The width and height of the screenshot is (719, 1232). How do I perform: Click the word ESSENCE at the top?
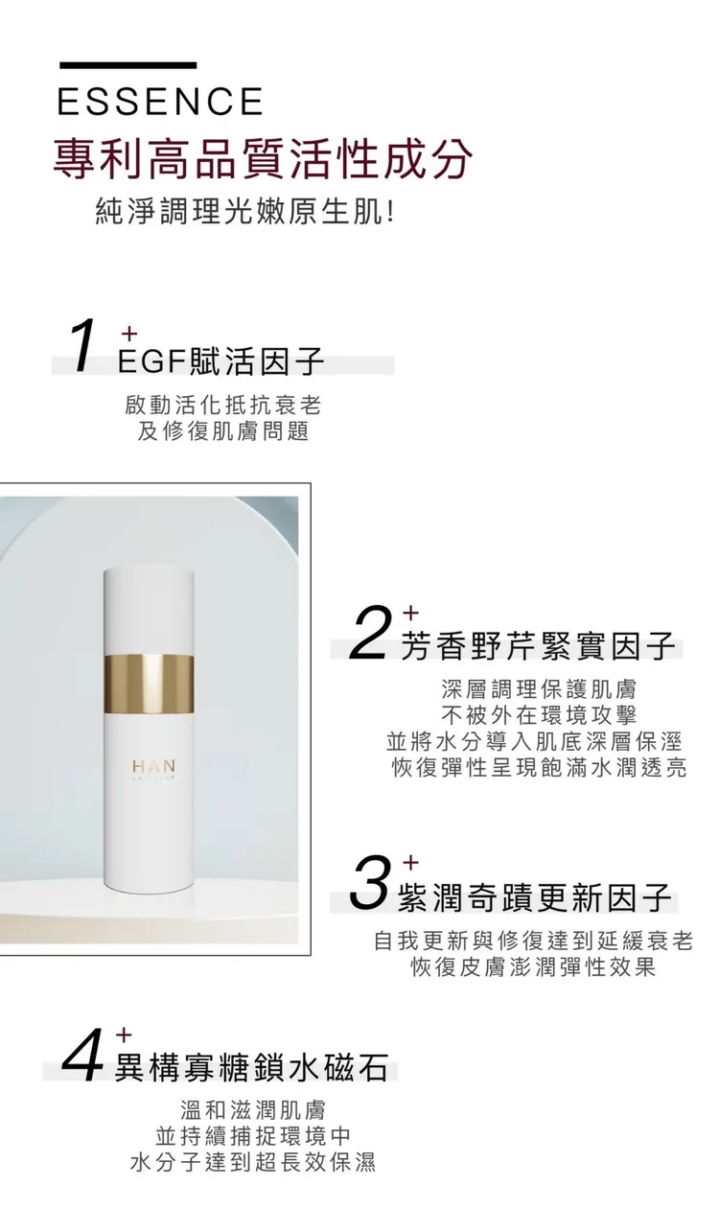click(160, 101)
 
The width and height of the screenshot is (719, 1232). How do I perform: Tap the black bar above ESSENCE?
click(128, 65)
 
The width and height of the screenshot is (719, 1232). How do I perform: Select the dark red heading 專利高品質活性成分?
click(263, 159)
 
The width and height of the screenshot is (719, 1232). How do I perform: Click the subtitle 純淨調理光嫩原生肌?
click(245, 212)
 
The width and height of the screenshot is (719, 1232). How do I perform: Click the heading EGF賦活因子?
click(220, 361)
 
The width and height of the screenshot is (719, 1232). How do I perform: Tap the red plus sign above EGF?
click(128, 334)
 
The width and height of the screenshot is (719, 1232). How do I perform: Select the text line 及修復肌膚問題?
click(222, 431)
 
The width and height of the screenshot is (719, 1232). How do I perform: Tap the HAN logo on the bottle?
click(153, 766)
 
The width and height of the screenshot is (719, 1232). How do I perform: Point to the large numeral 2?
click(369, 634)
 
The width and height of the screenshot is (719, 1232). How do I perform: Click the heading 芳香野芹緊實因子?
click(539, 645)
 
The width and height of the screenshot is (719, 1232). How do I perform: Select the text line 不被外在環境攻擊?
click(539, 715)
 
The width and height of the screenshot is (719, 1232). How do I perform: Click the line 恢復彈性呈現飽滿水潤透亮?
click(539, 768)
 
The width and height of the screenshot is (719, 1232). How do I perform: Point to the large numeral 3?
click(368, 887)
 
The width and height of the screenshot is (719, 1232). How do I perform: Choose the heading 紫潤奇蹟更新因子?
click(535, 898)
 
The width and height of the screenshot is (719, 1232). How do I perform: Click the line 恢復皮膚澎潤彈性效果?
click(534, 968)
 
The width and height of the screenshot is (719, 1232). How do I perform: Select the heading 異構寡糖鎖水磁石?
click(251, 1069)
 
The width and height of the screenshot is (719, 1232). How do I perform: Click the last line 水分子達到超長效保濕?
click(253, 1163)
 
